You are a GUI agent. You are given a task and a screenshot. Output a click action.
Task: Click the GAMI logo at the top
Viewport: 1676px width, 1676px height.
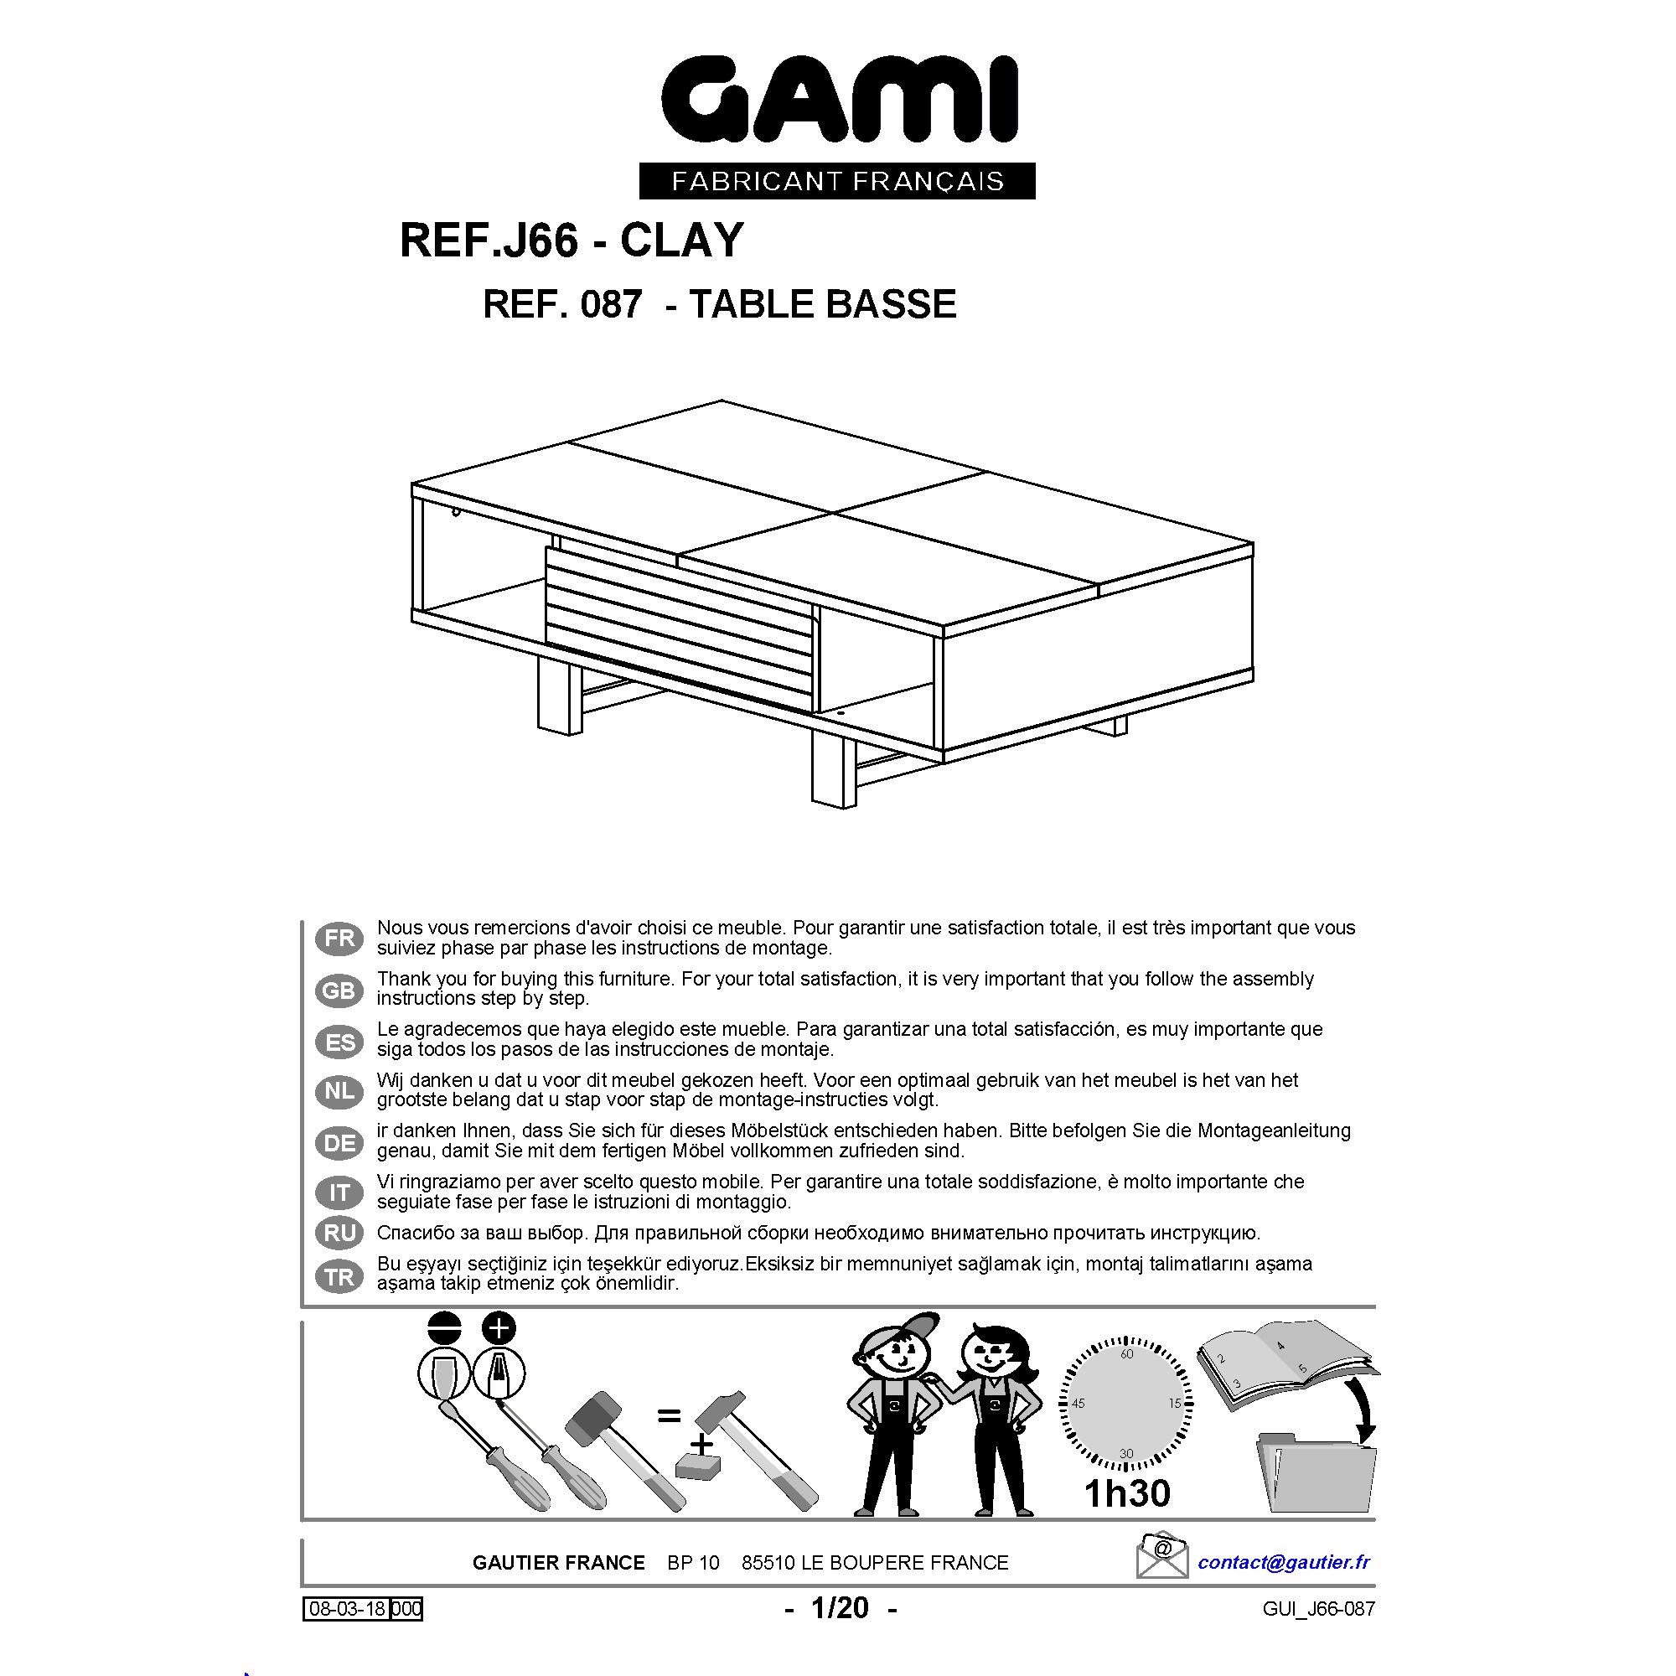coord(838,101)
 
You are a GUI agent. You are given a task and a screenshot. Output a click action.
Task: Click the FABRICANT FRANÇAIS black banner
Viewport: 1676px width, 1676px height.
coord(837,181)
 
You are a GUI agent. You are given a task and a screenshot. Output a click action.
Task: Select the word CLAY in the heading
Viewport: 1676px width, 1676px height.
coord(682,241)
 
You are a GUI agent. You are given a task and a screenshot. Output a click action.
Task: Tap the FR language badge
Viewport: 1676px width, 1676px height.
coord(339,938)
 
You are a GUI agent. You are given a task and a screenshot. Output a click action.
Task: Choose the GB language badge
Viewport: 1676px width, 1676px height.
coord(339,990)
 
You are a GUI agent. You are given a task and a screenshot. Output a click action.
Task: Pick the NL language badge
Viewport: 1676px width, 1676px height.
coord(339,1091)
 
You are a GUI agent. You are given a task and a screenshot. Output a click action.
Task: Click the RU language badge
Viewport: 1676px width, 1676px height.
coord(339,1233)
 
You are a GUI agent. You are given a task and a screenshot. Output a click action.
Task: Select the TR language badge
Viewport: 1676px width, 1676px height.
coord(339,1276)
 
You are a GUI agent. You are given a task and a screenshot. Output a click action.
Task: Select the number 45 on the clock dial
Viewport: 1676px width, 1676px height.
coord(1079,1404)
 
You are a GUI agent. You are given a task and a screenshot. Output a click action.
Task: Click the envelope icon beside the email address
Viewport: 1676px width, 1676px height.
coord(1161,1556)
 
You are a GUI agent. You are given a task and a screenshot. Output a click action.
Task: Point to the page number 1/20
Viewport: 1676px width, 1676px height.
coord(840,1608)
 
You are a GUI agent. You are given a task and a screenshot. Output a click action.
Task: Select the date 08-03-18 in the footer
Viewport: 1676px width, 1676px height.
coord(347,1610)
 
